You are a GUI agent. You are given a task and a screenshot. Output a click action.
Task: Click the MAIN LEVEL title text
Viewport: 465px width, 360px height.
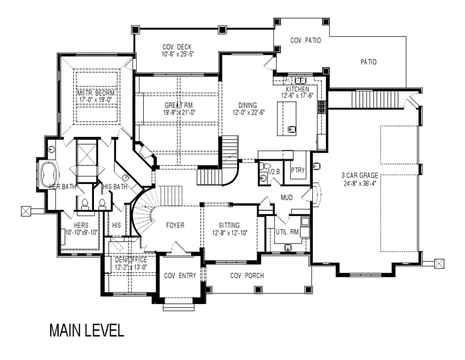click(x=86, y=330)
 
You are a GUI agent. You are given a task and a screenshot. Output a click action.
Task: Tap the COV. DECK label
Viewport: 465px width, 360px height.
click(x=177, y=47)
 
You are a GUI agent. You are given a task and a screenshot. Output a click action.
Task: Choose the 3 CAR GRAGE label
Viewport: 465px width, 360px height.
click(x=360, y=175)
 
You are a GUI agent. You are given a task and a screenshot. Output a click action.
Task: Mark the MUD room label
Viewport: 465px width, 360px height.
click(x=287, y=198)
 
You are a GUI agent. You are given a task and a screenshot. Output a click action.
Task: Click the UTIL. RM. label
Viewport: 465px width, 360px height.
click(x=287, y=232)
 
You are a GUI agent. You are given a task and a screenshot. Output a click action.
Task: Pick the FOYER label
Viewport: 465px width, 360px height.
click(x=175, y=225)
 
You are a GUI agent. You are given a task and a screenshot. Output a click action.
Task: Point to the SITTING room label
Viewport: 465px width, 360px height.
click(x=229, y=225)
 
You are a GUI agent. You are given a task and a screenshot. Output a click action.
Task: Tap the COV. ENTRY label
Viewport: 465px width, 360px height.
click(x=180, y=275)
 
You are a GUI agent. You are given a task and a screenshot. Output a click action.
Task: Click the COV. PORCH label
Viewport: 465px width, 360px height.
click(x=247, y=275)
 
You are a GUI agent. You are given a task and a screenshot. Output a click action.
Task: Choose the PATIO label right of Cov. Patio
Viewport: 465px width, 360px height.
click(x=368, y=62)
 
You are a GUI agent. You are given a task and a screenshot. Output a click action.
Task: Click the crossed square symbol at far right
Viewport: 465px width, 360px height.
click(x=439, y=263)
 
